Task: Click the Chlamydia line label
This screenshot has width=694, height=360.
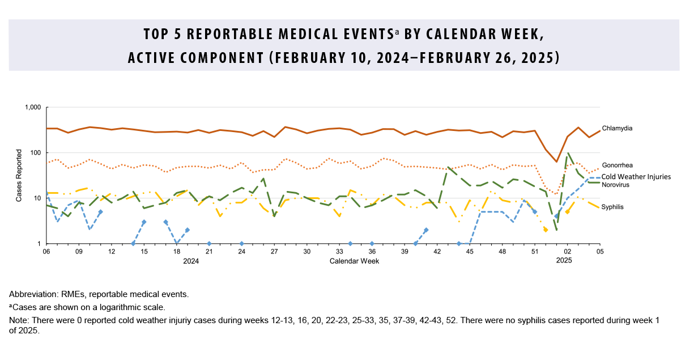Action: (x=617, y=128)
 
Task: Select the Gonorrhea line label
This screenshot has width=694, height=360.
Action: (x=618, y=165)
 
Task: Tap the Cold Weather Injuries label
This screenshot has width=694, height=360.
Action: (x=636, y=177)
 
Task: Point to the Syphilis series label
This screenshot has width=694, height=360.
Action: (x=612, y=207)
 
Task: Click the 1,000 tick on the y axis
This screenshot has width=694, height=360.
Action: (x=32, y=108)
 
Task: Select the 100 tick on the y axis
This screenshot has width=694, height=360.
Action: (x=35, y=153)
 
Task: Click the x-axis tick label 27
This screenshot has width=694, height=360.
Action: (x=274, y=251)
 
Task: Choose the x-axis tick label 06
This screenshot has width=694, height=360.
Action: (x=46, y=251)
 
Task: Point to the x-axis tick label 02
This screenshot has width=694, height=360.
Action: (x=567, y=251)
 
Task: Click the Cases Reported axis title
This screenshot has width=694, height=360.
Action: (x=19, y=176)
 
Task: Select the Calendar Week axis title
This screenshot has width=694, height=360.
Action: (x=354, y=261)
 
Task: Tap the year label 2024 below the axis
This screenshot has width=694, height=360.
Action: (x=191, y=261)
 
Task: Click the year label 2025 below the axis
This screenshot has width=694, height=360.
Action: (x=564, y=261)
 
